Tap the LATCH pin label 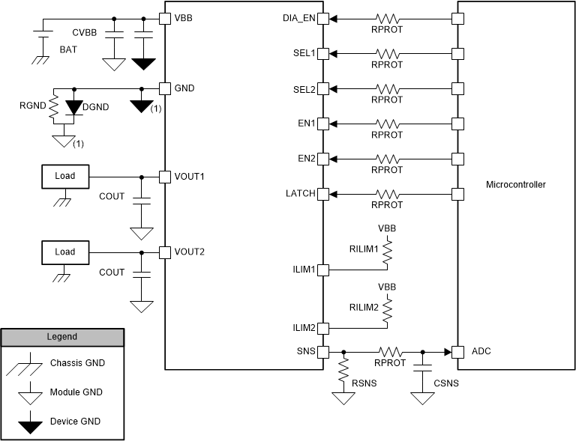click(x=299, y=194)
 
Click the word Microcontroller click(x=516, y=185)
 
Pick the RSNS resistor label click(x=365, y=383)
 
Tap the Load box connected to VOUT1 click(x=65, y=177)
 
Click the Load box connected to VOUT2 click(x=65, y=252)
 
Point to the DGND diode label click(x=96, y=107)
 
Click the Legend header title click(x=61, y=337)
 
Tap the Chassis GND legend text click(x=78, y=363)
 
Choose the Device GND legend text click(x=76, y=422)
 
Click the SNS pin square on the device click(x=322, y=351)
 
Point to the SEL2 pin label click(x=304, y=88)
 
